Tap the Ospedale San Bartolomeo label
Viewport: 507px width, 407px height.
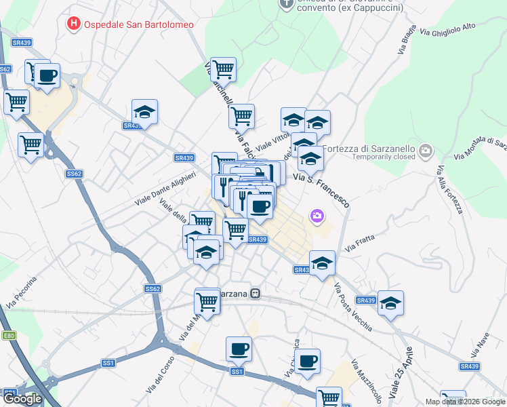click(x=138, y=24)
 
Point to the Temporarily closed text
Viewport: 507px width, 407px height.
click(x=383, y=157)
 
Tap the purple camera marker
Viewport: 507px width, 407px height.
click(x=317, y=216)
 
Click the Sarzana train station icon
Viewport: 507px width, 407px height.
click(x=256, y=294)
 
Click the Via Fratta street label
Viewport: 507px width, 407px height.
click(x=359, y=244)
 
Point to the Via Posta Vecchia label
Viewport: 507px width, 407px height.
click(x=352, y=307)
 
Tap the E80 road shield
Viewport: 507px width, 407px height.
click(x=9, y=335)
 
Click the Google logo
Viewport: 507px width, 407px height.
click(x=22, y=399)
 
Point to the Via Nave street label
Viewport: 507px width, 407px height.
click(x=480, y=348)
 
